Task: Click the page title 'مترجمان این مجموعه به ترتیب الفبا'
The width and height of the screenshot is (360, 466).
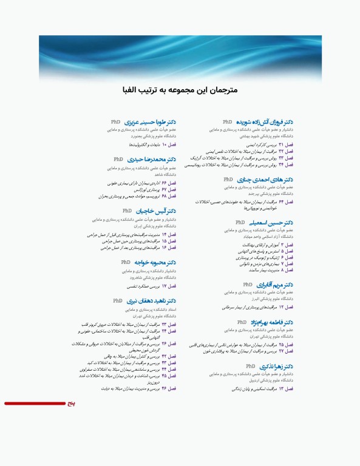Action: [180, 90]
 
